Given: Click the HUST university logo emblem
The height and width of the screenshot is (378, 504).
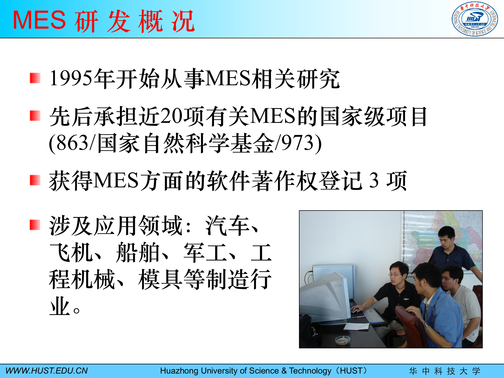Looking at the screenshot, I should (475, 19).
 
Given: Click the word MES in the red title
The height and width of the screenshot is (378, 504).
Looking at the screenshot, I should (39, 20).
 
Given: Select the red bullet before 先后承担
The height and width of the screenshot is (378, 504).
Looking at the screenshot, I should (35, 116).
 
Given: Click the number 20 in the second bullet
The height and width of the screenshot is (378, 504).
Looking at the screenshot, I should (172, 116).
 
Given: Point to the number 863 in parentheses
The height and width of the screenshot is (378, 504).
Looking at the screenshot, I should (72, 143).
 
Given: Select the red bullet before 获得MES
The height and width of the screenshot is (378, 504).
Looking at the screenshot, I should (35, 180).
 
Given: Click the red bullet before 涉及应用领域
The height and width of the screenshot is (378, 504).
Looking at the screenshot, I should (35, 225).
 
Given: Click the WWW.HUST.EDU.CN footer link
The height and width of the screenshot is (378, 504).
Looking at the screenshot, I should (46, 371).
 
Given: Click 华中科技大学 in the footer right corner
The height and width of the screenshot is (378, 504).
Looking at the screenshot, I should (445, 371).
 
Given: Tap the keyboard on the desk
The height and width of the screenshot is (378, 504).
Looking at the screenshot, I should (373, 315).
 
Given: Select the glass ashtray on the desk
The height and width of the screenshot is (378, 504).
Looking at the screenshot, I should (343, 340).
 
